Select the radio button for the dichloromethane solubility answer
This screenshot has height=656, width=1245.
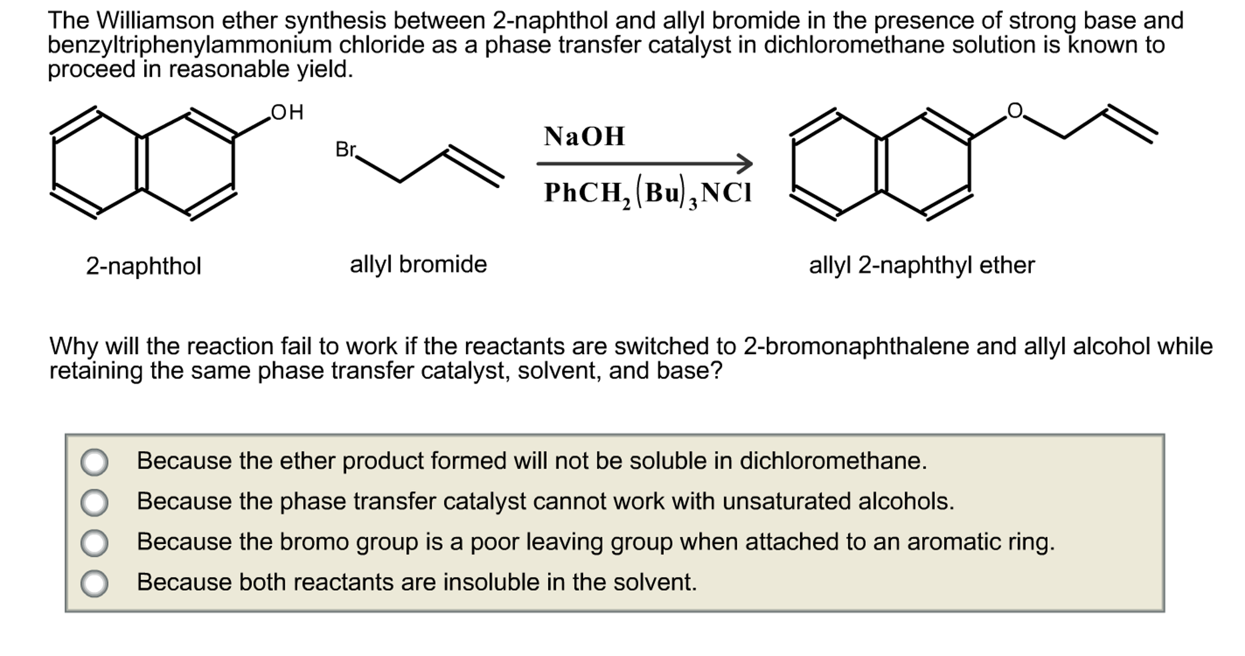[94, 462]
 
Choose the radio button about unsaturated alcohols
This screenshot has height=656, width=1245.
[94, 503]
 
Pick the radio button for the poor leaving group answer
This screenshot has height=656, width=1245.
[94, 543]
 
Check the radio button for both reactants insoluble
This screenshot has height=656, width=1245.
[94, 583]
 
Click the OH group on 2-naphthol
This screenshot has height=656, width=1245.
[287, 113]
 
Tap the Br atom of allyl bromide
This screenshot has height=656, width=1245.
[346, 149]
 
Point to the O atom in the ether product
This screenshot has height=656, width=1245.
[1014, 111]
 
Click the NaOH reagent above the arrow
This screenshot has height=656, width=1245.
[584, 136]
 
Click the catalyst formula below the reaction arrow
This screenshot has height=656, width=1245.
[648, 193]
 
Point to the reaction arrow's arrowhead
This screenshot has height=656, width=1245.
[745, 163]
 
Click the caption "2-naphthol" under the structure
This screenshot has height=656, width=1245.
[144, 267]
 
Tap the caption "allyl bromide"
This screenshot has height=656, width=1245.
[418, 265]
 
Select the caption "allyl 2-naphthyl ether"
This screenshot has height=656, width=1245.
[921, 265]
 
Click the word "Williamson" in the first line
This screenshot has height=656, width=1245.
[155, 21]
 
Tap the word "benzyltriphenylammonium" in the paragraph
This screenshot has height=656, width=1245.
[189, 45]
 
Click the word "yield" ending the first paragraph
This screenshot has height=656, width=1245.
[324, 70]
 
